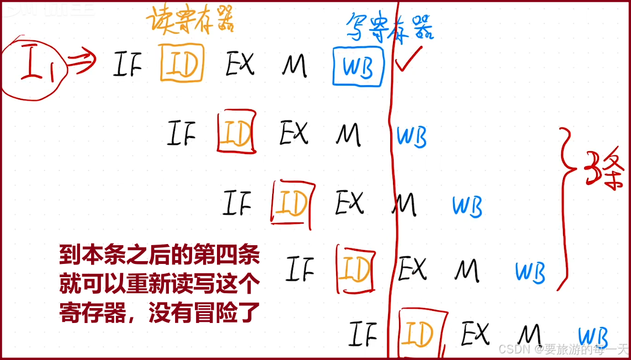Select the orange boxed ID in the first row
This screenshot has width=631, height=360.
coord(182,63)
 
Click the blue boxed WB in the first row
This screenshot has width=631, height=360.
coord(358,67)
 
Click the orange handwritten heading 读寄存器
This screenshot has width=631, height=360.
coord(190,20)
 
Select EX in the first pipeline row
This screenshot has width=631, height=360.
coord(240,65)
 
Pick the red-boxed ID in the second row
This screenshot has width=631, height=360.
coord(237,133)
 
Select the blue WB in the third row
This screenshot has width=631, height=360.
coord(467,206)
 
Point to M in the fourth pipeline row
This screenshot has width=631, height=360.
coord(467,271)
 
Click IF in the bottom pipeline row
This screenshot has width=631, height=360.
coord(363,334)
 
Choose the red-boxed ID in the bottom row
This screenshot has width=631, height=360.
coord(418,333)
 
